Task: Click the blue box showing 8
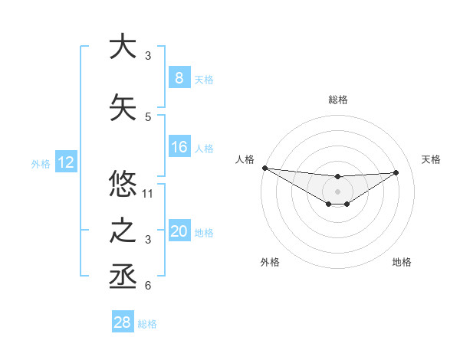pyautogui.click(x=179, y=78)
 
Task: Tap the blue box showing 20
pyautogui.click(x=179, y=232)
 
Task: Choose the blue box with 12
pyautogui.click(x=65, y=162)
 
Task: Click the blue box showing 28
pyautogui.click(x=123, y=322)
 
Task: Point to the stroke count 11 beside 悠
pyautogui.click(x=149, y=194)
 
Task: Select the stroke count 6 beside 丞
pyautogui.click(x=148, y=286)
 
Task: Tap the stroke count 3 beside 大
pyautogui.click(x=148, y=56)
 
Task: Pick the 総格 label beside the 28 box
pyautogui.click(x=147, y=324)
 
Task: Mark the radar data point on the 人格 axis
pyautogui.click(x=264, y=168)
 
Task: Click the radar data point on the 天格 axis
pyautogui.click(x=396, y=172)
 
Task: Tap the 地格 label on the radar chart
pyautogui.click(x=402, y=262)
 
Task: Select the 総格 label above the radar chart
pyautogui.click(x=337, y=100)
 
